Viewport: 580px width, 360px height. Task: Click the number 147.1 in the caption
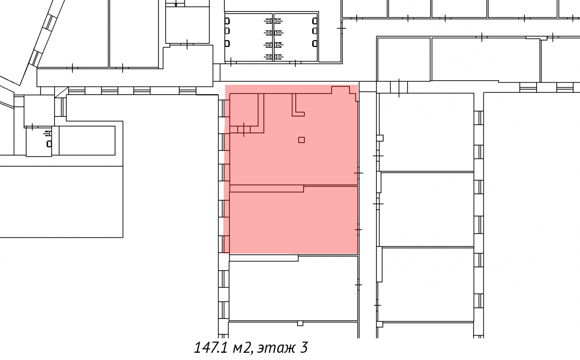(x=211, y=347)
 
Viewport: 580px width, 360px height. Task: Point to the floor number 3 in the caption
(x=304, y=347)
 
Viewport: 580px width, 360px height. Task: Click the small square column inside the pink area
(x=301, y=140)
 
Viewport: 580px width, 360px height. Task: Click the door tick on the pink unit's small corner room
(x=244, y=130)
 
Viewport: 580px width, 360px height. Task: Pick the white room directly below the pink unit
(x=293, y=289)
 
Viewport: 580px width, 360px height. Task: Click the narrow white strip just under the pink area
(x=263, y=258)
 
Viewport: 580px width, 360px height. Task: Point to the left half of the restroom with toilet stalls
(x=249, y=37)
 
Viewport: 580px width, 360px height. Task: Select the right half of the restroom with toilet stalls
(x=296, y=37)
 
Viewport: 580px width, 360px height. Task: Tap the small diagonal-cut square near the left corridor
(x=61, y=92)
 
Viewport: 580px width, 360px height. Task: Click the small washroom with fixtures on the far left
(x=39, y=142)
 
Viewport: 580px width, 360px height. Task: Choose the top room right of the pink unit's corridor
(x=426, y=132)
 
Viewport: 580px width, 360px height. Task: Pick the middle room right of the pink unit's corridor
(x=426, y=210)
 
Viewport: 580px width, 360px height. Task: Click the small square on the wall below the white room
(x=300, y=323)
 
